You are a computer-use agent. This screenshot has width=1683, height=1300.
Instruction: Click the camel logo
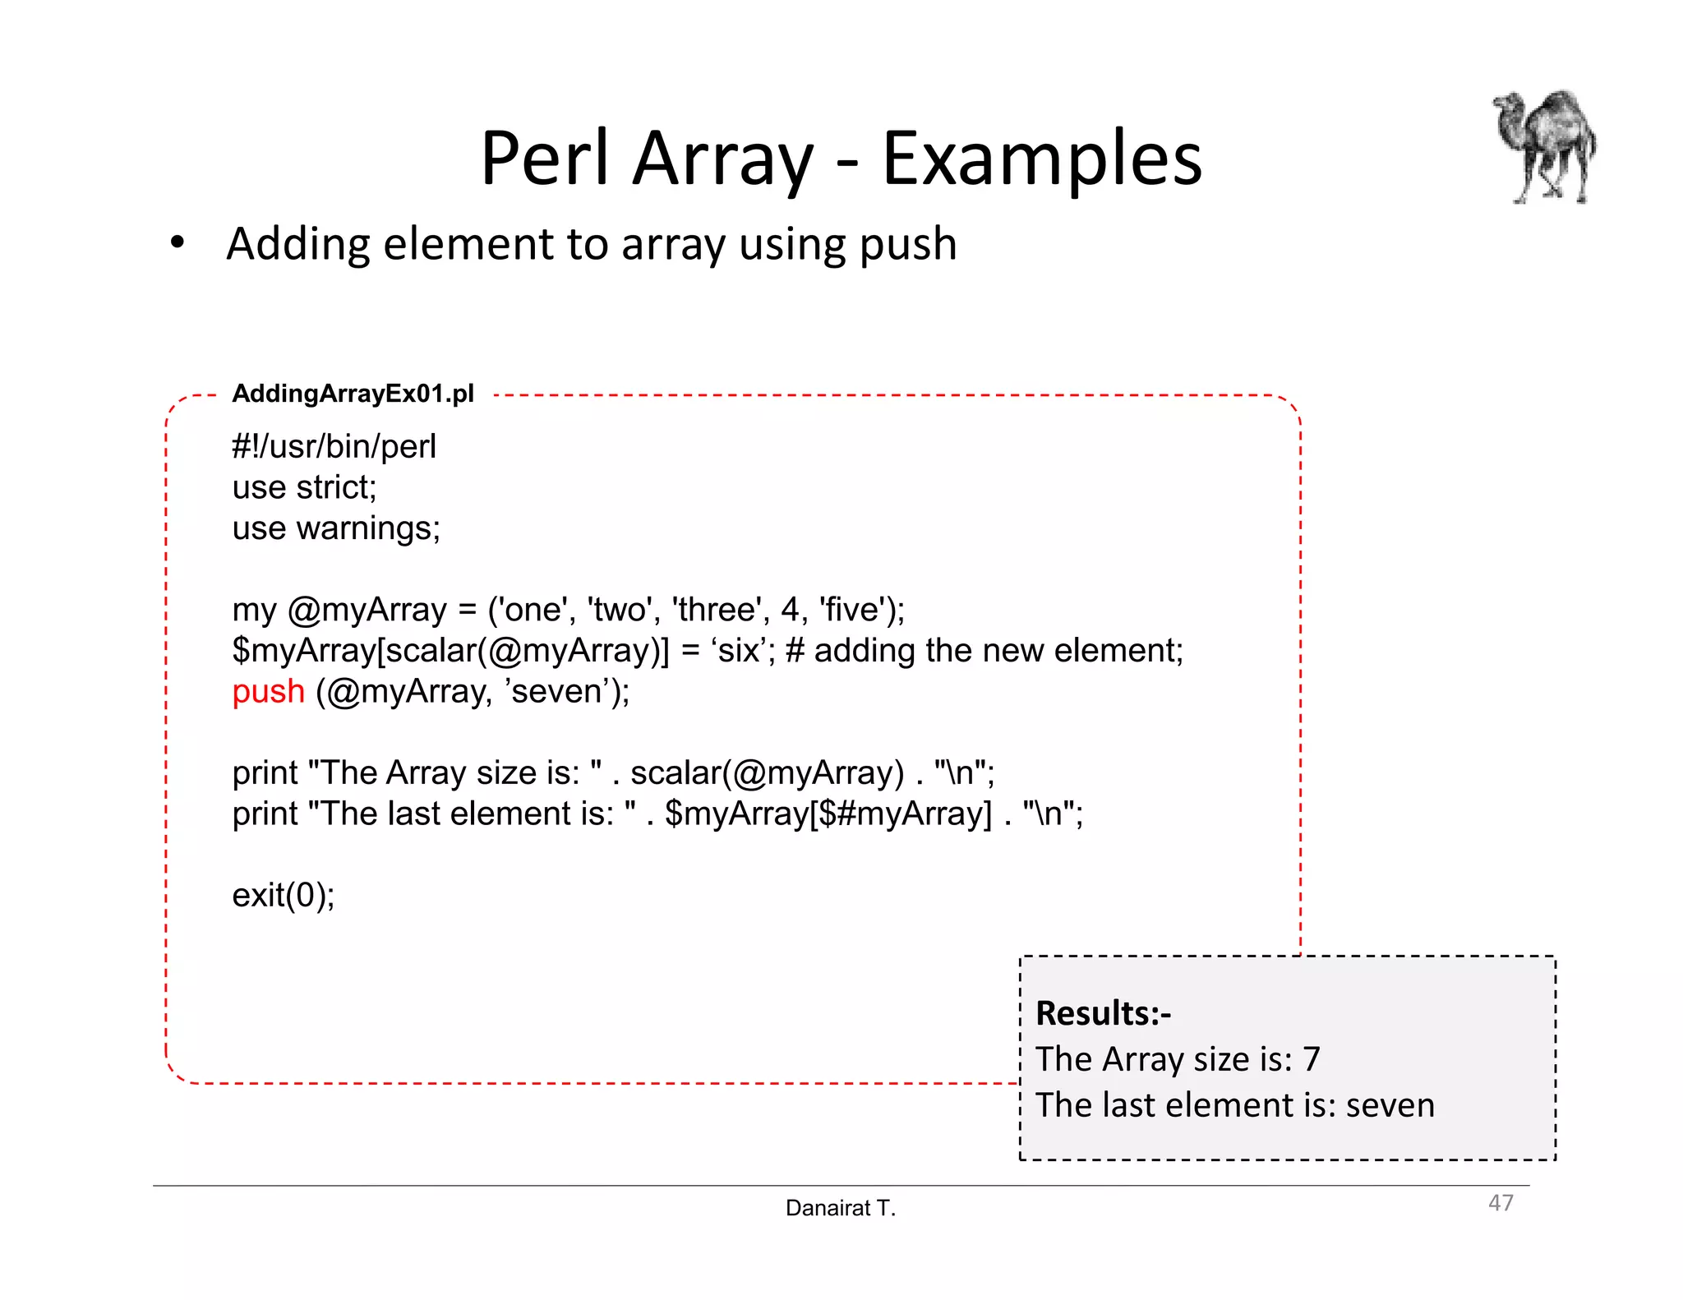1545,146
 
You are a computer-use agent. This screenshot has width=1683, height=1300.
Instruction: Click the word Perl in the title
544,158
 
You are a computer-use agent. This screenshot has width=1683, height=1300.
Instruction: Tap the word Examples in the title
1041,158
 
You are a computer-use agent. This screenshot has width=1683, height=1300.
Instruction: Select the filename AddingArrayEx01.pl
353,394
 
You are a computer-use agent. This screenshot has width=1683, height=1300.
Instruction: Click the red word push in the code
268,691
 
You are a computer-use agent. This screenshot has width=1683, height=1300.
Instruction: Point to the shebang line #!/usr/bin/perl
334,446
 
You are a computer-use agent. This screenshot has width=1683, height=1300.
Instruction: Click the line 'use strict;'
304,487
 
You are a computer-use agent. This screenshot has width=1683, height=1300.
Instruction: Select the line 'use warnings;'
336,528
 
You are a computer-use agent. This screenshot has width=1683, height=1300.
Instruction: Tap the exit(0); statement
284,894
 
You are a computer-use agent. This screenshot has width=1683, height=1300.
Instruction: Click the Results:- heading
1103,1012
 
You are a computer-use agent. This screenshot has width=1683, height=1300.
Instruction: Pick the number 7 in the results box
1312,1058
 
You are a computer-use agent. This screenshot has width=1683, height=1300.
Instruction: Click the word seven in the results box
1390,1104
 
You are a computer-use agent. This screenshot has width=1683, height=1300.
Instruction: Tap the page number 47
1501,1202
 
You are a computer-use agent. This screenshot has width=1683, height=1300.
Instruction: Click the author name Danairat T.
840,1207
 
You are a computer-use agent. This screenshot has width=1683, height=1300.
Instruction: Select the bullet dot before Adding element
178,244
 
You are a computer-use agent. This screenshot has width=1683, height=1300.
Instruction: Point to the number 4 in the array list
790,610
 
